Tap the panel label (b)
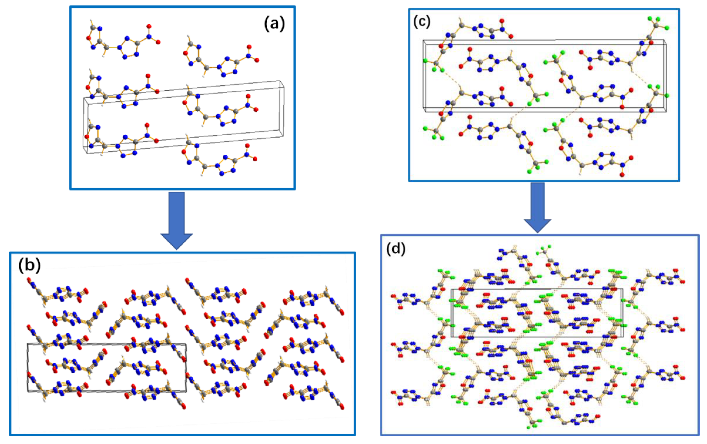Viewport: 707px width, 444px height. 29,265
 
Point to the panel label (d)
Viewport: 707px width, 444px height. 396,249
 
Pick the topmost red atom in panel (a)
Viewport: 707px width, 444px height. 149,26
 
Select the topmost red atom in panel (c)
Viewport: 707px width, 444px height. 502,21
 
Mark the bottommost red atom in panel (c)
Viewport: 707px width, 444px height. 622,175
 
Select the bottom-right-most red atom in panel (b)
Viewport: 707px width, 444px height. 342,407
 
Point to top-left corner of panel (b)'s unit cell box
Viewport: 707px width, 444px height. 28,344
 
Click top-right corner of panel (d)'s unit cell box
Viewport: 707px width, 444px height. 623,289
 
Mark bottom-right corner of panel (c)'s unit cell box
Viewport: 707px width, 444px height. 666,111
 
